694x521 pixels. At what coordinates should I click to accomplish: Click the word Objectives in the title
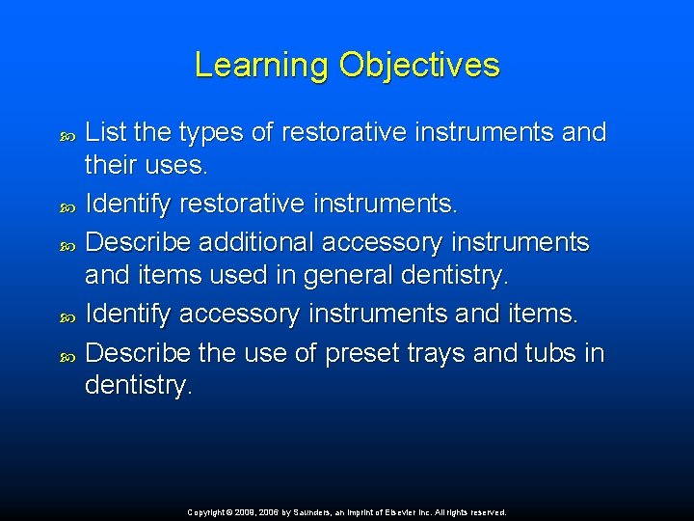(x=419, y=65)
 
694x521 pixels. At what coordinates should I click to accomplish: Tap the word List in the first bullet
(x=104, y=133)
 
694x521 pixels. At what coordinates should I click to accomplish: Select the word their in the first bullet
(x=113, y=166)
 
